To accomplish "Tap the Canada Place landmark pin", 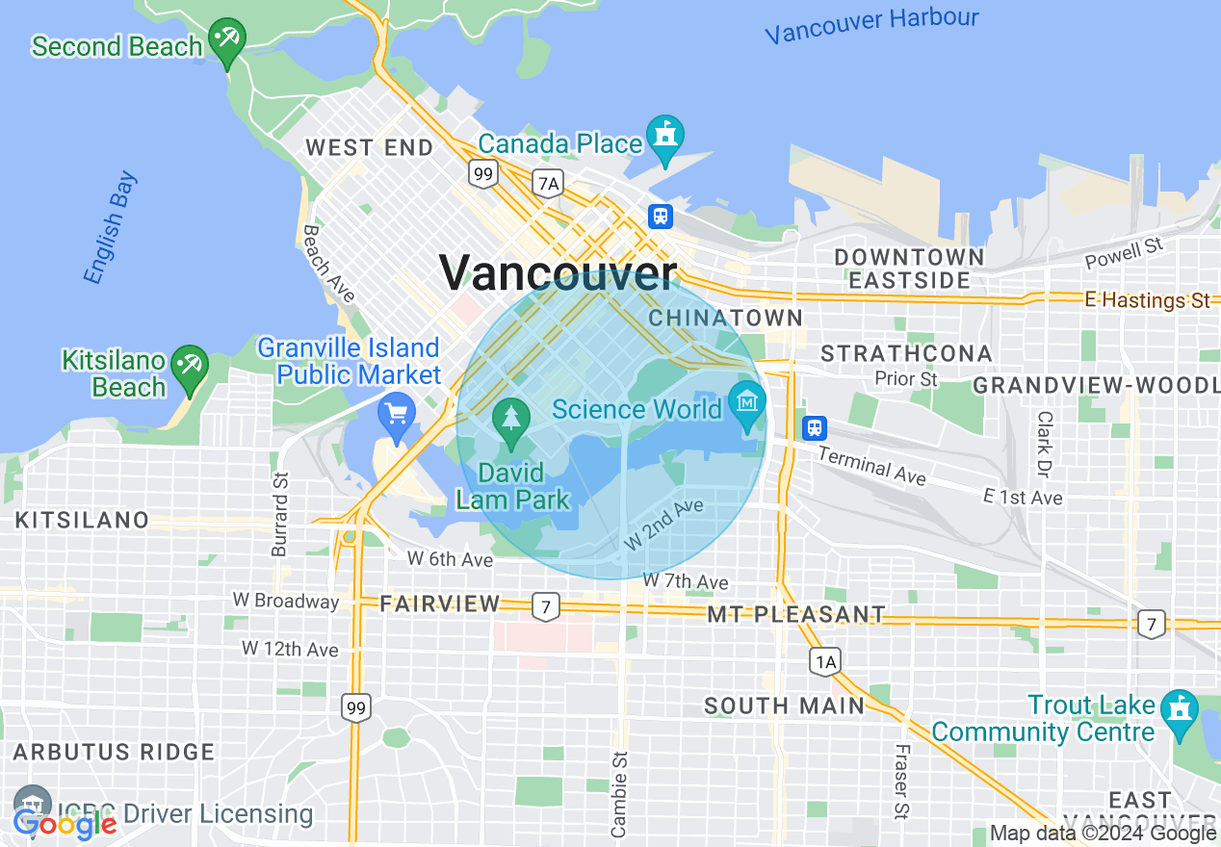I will click(664, 137).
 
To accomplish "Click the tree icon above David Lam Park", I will click(511, 419).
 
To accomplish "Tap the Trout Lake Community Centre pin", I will click(1178, 711).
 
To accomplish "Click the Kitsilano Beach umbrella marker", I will click(190, 367).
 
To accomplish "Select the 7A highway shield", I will click(548, 183).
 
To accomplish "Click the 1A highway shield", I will click(824, 661).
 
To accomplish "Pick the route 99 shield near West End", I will click(482, 174).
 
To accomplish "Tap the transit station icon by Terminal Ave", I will click(815, 427).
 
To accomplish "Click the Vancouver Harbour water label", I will click(871, 26).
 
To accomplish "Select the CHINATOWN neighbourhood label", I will click(725, 318).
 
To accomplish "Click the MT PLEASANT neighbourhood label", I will click(795, 614).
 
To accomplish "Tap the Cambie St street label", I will click(619, 793).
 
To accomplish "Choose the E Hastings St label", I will click(1147, 300).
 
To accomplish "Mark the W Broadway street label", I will click(286, 601).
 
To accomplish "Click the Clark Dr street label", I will click(1044, 444).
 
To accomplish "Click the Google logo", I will click(65, 824).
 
